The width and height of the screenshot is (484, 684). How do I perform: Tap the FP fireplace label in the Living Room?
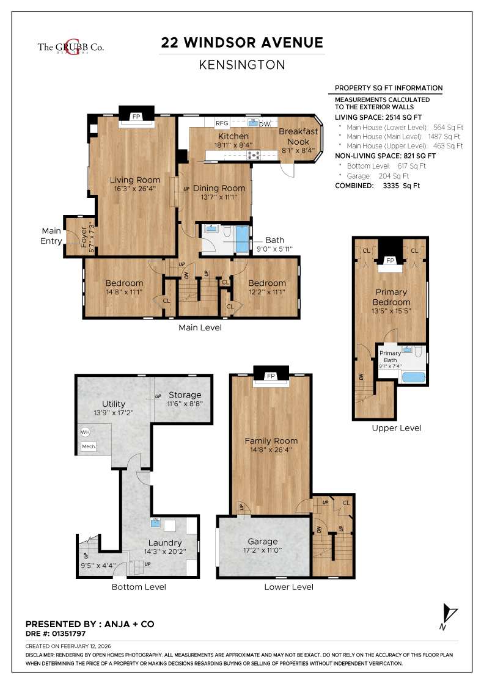click(136, 116)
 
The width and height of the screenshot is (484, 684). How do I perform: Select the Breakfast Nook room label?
click(298, 136)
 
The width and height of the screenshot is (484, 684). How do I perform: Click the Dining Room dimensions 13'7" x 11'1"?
click(220, 197)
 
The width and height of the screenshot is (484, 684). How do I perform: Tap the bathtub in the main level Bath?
click(242, 239)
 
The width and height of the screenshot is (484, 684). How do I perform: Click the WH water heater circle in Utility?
click(85, 432)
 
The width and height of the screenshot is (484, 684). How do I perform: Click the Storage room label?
click(185, 395)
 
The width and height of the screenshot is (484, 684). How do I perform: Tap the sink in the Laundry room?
click(156, 523)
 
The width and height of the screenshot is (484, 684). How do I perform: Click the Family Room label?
click(271, 441)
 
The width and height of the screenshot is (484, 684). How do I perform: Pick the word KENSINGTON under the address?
click(242, 64)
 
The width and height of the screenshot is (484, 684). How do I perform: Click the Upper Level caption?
click(396, 428)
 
